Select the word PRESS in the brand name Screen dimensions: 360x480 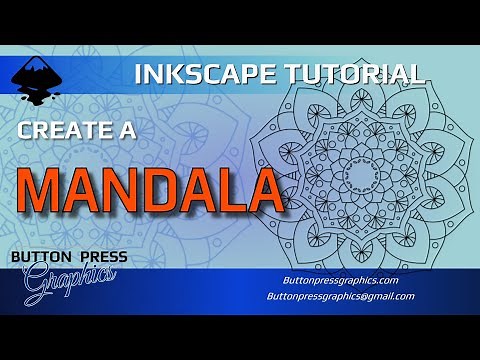point(101,258)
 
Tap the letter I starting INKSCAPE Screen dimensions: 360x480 point(139,73)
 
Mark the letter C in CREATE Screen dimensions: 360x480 point(24,132)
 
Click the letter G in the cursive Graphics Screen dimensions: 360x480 point(34,284)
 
